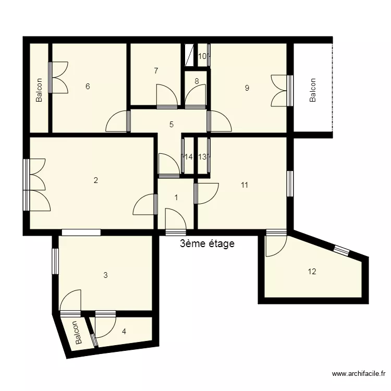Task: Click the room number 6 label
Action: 88,87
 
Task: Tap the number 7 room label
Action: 156,71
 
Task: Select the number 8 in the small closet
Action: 197,81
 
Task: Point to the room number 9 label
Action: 247,88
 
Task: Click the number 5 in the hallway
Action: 171,125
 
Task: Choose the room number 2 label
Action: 95,181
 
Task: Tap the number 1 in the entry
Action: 176,198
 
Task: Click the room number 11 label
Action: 244,185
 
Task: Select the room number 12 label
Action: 312,271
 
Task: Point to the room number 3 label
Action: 105,275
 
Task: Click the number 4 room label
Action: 124,331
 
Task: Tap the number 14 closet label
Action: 188,157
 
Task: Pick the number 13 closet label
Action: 202,157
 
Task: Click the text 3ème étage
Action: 207,243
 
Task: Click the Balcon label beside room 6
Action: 39,90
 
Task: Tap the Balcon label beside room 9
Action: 313,90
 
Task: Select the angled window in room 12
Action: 342,251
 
